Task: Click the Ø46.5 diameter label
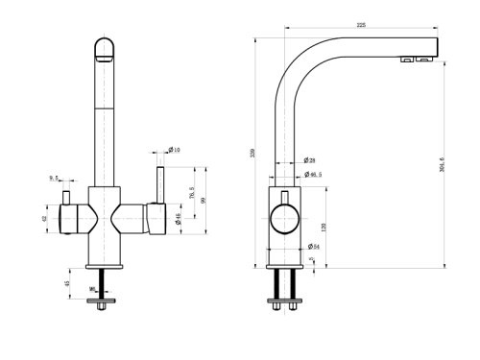tap(313, 176)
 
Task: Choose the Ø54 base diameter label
tap(313, 248)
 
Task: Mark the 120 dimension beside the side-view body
tap(324, 228)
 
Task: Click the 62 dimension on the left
tap(44, 218)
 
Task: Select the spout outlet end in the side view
tap(422, 57)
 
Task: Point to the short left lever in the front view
tap(67, 198)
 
